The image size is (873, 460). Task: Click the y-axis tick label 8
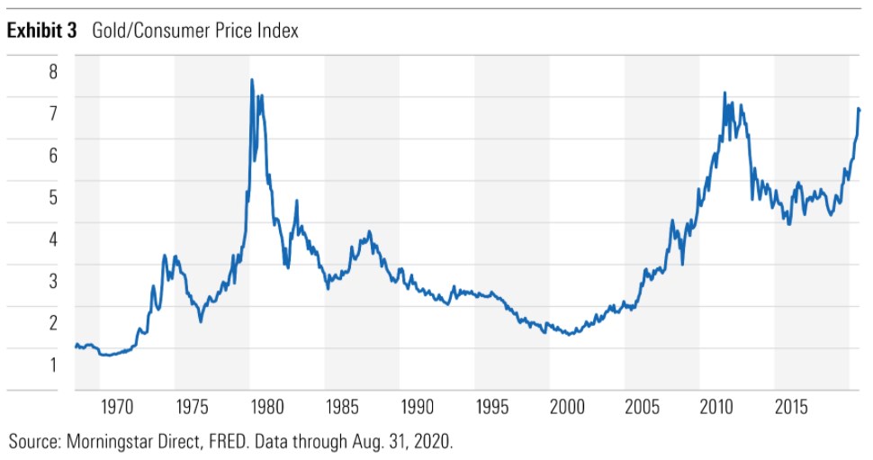53,70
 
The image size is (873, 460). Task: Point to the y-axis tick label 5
53,196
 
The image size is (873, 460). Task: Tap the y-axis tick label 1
53,365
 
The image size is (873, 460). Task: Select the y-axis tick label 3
53,281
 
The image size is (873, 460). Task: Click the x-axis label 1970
117,406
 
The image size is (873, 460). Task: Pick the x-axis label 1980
267,406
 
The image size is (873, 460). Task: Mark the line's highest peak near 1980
252,80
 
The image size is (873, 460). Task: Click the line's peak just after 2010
724,93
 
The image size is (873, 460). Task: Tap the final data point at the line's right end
859,109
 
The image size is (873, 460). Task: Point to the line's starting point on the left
76,345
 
